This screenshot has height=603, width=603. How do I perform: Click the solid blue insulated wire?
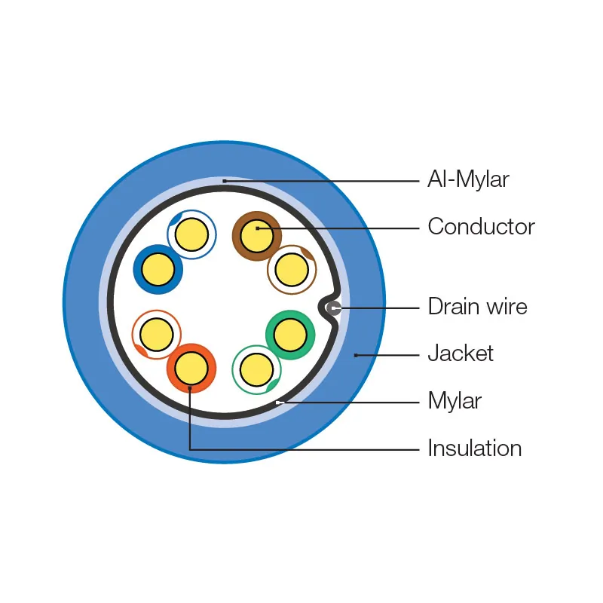click(158, 268)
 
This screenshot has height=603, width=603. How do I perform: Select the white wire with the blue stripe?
click(191, 234)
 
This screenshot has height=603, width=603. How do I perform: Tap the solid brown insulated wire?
click(256, 235)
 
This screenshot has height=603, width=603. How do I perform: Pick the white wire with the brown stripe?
click(291, 269)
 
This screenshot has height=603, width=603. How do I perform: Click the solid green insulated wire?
click(290, 335)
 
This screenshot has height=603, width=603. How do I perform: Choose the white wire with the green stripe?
click(256, 369)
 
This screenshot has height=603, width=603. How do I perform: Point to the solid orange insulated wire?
click(191, 369)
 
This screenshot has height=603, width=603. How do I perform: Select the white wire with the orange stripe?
click(157, 334)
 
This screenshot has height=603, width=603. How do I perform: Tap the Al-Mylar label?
click(468, 180)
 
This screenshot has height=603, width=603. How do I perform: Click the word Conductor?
click(481, 227)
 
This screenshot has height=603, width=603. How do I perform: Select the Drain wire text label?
click(477, 307)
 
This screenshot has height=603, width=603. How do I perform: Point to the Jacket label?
click(461, 353)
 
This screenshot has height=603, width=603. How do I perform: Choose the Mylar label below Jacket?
click(455, 400)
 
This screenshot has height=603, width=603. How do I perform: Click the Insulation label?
click(474, 448)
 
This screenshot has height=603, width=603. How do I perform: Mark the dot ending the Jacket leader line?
click(356, 354)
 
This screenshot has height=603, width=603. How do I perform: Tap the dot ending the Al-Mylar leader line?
click(224, 181)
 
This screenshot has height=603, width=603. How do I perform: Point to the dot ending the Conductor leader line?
click(257, 227)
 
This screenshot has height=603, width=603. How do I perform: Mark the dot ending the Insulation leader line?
click(190, 388)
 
